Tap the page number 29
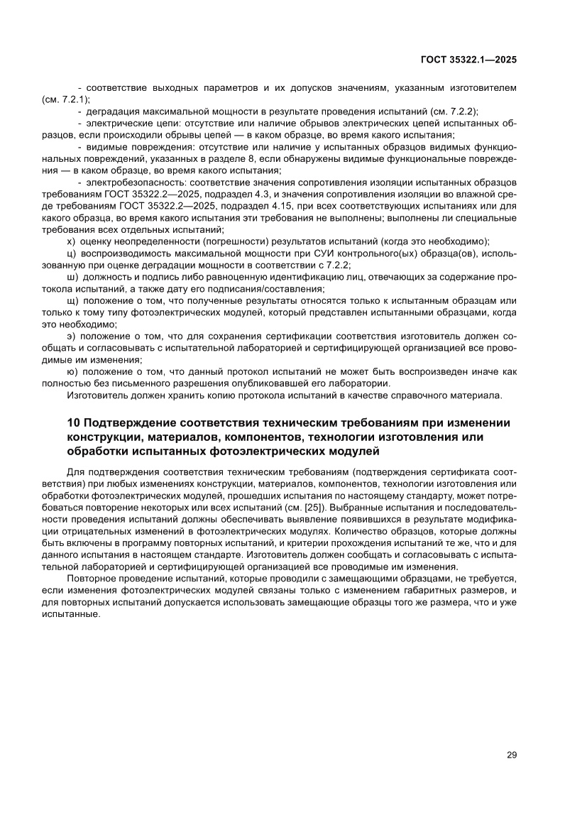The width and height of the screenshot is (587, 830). [512, 755]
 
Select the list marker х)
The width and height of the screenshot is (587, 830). [70, 241]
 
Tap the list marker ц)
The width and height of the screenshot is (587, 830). [70, 253]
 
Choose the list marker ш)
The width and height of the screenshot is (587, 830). [71, 277]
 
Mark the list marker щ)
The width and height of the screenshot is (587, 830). [71, 301]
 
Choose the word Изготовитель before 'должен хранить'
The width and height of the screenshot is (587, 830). [98, 395]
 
